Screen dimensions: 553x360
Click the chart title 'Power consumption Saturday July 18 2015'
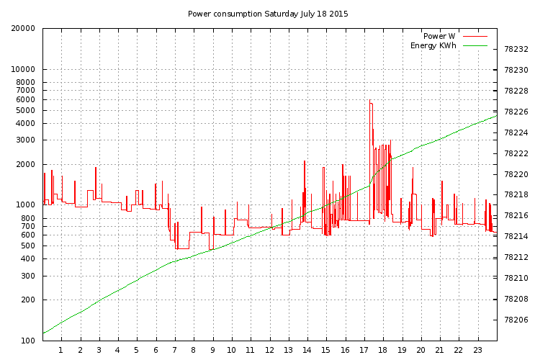pyautogui.click(x=268, y=14)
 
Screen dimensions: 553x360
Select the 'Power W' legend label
pyautogui.click(x=439, y=36)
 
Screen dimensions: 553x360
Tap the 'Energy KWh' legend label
pyautogui.click(x=433, y=45)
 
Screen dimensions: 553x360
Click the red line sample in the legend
pyautogui.click(x=475, y=36)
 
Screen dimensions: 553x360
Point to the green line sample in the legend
pyautogui.click(x=475, y=45)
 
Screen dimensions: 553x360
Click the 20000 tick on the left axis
pyautogui.click(x=23, y=28)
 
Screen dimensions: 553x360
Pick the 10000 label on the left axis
pyautogui.click(x=23, y=69)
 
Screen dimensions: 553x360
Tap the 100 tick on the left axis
pyautogui.click(x=28, y=341)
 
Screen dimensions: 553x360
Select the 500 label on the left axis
pyautogui.click(x=28, y=246)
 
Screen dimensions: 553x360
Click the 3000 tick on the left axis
pyautogui.click(x=26, y=140)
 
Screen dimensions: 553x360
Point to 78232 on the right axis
pyautogui.click(x=516, y=50)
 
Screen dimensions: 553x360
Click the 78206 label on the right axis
pyautogui.click(x=516, y=320)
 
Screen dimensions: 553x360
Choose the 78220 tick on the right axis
pyautogui.click(x=516, y=174)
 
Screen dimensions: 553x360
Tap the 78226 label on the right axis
pyautogui.click(x=516, y=112)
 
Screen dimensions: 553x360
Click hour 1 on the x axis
pyautogui.click(x=61, y=350)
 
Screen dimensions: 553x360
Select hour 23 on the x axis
pyautogui.click(x=477, y=350)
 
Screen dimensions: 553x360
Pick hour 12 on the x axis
pyautogui.click(x=269, y=350)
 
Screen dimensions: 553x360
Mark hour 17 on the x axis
pyautogui.click(x=364, y=350)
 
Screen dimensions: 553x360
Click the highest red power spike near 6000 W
pyautogui.click(x=369, y=100)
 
